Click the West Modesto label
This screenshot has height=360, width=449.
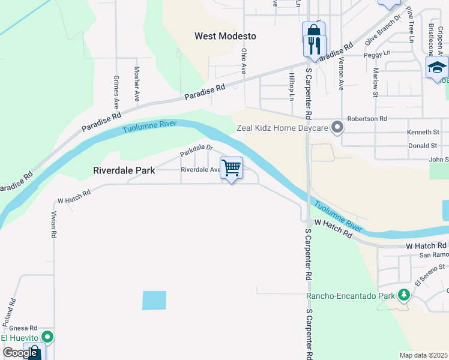coord(225,36)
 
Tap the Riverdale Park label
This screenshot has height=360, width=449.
coord(124,170)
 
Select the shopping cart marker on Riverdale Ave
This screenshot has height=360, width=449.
coord(231,169)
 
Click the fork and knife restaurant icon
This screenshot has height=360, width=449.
coord(314,45)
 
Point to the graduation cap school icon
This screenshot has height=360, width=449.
coord(437,67)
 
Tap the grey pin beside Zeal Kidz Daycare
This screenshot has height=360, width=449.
coord(337,127)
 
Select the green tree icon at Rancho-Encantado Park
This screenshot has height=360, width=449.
coord(404,295)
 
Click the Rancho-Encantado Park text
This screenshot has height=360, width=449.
coord(351,296)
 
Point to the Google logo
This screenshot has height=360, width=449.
coord(20,352)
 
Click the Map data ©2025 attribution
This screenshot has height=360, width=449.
coord(423,355)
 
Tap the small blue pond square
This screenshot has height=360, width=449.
coord(154,300)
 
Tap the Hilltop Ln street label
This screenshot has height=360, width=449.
coord(292,86)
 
